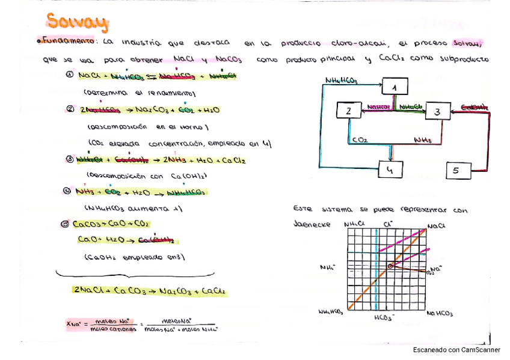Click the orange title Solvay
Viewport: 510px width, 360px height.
point(78,22)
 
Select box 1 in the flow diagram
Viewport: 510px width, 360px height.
point(395,88)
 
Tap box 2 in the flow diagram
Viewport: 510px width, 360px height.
point(348,111)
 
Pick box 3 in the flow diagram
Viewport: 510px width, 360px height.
point(437,111)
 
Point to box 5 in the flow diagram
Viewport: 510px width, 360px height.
point(456,171)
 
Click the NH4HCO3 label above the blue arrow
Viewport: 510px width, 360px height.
point(340,81)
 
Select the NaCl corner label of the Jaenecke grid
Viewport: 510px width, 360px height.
point(436,226)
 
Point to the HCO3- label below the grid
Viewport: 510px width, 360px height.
point(384,317)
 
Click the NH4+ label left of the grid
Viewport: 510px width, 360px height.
point(328,267)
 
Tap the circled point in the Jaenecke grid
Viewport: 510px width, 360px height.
point(390,266)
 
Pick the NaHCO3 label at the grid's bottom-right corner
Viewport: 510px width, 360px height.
point(440,313)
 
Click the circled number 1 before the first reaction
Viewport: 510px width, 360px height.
point(69,76)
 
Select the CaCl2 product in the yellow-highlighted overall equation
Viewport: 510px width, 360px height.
point(214,291)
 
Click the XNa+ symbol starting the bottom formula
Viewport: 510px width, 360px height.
point(74,324)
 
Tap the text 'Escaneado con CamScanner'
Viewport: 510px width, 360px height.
point(456,350)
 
